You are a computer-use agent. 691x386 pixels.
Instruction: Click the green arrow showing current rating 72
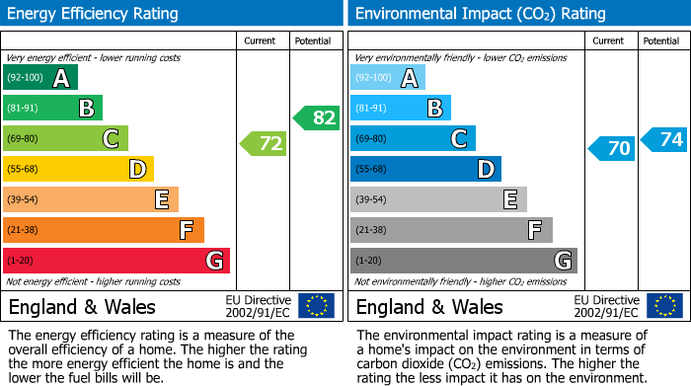(264, 144)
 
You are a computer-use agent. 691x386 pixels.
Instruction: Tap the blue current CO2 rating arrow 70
(611, 149)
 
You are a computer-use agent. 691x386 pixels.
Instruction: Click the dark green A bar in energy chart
(40, 78)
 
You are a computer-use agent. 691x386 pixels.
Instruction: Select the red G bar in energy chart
(116, 261)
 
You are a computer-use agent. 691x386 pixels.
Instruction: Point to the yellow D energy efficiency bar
(78, 169)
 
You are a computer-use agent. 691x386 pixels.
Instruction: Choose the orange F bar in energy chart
(104, 230)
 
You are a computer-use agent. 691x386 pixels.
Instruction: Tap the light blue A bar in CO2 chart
(388, 78)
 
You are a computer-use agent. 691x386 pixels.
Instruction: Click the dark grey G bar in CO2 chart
(463, 261)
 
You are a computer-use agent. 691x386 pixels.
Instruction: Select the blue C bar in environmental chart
(413, 138)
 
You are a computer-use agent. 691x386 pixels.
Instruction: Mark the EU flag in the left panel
(317, 305)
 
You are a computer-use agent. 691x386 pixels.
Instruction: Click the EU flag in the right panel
(664, 305)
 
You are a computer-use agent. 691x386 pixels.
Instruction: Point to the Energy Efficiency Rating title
(94, 14)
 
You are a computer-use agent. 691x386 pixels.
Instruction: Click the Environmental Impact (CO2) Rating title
(480, 14)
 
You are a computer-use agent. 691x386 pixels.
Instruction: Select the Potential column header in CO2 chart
(661, 40)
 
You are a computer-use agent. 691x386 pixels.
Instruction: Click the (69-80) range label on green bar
(24, 139)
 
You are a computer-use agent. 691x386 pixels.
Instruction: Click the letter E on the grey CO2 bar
(509, 199)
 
